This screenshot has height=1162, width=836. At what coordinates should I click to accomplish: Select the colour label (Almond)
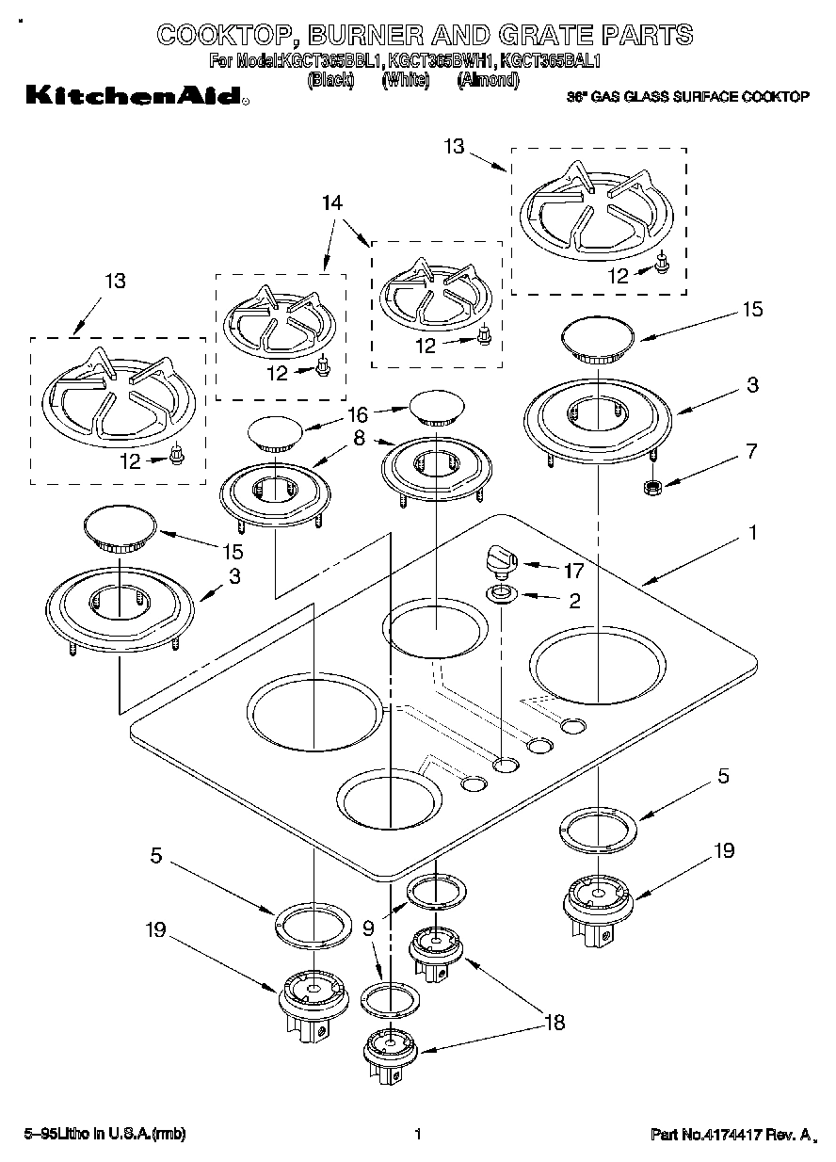point(488,80)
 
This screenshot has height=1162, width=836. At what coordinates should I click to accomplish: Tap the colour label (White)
point(405,80)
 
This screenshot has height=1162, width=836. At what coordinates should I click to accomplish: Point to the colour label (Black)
point(330,80)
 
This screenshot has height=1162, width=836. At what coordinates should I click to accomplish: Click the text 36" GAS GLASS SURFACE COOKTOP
point(687,97)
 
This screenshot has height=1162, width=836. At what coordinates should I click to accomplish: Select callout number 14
point(331,202)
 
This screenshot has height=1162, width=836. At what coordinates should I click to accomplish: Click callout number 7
point(750,451)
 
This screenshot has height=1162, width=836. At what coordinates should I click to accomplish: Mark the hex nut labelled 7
point(648,488)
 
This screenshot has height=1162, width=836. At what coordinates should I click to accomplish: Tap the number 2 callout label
point(574,599)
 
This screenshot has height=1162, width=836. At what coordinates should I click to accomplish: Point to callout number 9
point(367,928)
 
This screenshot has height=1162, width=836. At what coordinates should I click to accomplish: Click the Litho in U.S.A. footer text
point(104,1135)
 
